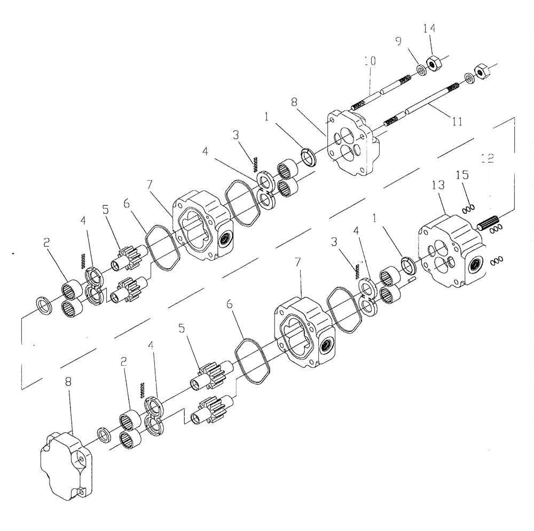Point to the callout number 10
(x=369, y=62)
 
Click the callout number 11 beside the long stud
(x=456, y=122)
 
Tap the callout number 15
(x=462, y=175)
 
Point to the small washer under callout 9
(x=421, y=69)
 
